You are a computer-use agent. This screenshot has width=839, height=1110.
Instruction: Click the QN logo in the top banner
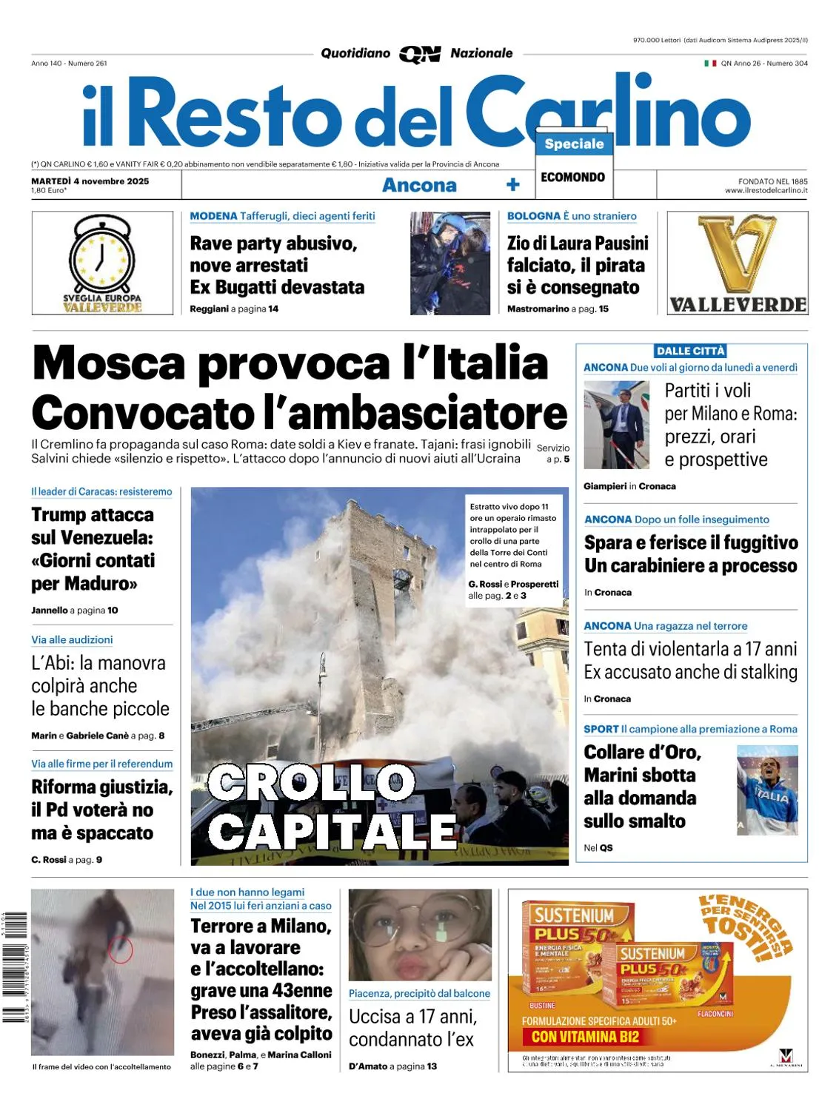(420, 54)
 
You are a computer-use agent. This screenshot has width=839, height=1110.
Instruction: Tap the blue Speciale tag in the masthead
(574, 144)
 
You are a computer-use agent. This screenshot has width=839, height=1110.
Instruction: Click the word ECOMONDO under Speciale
(572, 178)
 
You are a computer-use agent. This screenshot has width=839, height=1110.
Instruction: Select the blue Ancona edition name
(419, 185)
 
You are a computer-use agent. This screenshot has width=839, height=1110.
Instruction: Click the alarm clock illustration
(102, 255)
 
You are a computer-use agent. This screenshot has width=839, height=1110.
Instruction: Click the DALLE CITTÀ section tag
(690, 351)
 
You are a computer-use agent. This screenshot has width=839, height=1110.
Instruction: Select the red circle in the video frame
(121, 949)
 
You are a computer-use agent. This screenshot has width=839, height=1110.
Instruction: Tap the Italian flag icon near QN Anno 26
(709, 64)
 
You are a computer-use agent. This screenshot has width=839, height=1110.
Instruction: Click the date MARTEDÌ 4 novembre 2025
(90, 181)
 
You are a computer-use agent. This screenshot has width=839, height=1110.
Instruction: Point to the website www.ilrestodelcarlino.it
(766, 191)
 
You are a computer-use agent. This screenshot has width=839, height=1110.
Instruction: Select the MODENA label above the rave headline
(213, 216)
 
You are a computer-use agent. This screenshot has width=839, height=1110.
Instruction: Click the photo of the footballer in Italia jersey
(767, 790)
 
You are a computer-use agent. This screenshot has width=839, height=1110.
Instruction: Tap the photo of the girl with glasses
(420, 935)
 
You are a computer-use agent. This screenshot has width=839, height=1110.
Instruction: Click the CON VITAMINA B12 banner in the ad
(585, 1037)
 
